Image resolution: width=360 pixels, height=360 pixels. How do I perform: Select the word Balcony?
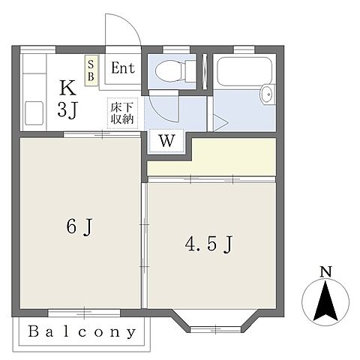coord(82,331)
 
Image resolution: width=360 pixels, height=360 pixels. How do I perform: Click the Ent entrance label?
coord(122,68)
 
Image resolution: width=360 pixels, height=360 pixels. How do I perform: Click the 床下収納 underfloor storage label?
coord(122,112)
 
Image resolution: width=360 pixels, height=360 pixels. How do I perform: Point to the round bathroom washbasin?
coord(267,94)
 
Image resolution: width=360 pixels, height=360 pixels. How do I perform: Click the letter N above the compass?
coord(325,271)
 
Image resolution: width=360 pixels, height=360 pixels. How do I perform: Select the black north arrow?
coord(325,300)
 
